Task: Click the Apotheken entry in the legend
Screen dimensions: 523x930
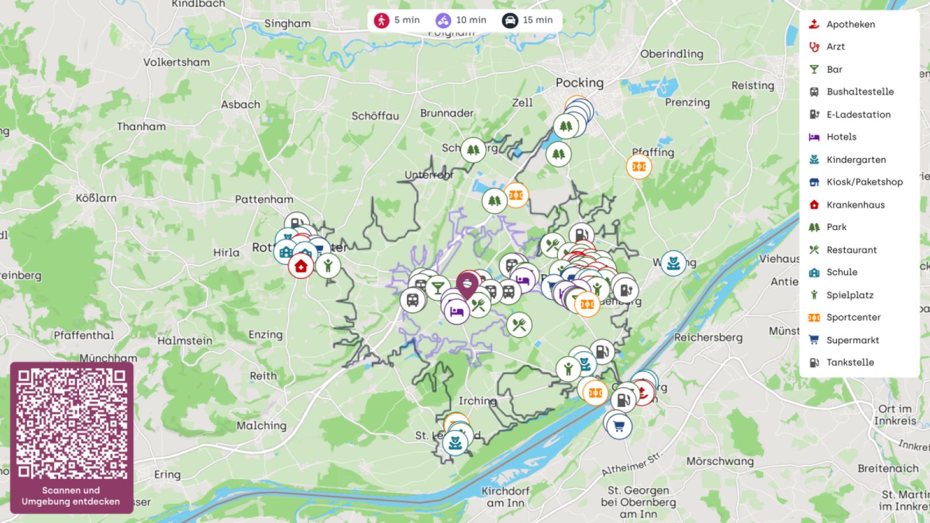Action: coord(850,24)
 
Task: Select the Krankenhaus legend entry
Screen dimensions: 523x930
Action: coord(855,205)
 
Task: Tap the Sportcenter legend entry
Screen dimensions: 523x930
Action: coord(853,317)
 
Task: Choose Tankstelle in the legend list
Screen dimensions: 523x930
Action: coord(850,363)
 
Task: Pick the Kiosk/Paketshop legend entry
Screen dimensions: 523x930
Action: coord(864,182)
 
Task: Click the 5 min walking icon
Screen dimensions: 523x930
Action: coord(381,20)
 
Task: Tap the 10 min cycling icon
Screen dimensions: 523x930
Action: coord(443,20)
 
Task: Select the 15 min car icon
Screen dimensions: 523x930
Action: coord(510,20)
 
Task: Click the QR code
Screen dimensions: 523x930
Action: coord(71,422)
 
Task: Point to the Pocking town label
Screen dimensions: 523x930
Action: coord(580,83)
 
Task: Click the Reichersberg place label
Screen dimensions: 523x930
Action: coord(708,337)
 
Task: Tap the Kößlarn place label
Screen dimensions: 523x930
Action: coord(96,198)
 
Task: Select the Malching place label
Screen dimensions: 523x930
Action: coord(261,425)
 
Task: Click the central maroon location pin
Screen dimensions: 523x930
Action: coord(467,284)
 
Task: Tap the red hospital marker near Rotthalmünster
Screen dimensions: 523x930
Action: coord(301,266)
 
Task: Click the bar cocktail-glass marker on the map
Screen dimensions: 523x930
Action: coord(437,286)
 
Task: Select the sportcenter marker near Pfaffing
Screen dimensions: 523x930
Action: coord(639,167)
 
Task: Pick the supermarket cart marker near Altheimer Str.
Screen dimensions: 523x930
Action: coord(618,427)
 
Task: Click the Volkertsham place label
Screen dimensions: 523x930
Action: coord(176,62)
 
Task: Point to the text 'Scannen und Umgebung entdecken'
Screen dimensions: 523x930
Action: coord(71,496)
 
